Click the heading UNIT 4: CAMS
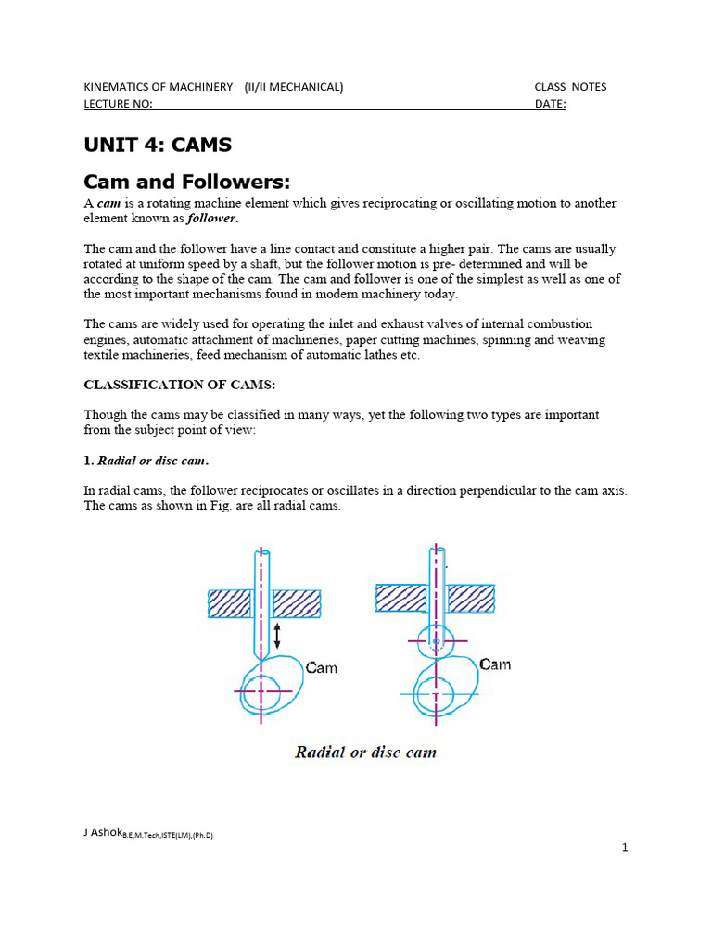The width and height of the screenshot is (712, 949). [x=158, y=146]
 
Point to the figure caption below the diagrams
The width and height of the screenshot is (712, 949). [x=365, y=752]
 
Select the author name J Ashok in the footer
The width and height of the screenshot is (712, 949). [x=102, y=832]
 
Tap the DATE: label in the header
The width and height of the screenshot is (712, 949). [x=550, y=104]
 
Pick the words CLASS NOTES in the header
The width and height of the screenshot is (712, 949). [x=570, y=87]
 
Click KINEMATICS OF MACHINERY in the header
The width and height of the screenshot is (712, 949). [x=159, y=87]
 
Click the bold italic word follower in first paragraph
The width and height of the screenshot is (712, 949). [x=212, y=220]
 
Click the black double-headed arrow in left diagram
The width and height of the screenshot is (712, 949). [x=277, y=635]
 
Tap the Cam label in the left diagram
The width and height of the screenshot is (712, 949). [x=321, y=668]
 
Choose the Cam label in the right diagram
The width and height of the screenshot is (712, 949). [x=494, y=664]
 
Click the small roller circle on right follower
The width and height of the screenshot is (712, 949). [x=436, y=639]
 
